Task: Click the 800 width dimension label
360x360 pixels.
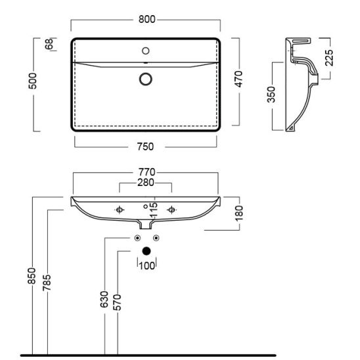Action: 146,19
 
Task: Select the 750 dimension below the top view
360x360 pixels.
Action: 145,146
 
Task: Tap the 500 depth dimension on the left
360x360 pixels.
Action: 32,81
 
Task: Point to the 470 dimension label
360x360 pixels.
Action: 238,79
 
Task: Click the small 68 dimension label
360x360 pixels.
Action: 49,44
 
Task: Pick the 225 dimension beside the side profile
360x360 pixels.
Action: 329,58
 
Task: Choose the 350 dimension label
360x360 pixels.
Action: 271,95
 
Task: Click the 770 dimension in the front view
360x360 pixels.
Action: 147,172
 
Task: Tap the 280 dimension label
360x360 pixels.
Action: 146,183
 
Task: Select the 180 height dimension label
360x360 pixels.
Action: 238,214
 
